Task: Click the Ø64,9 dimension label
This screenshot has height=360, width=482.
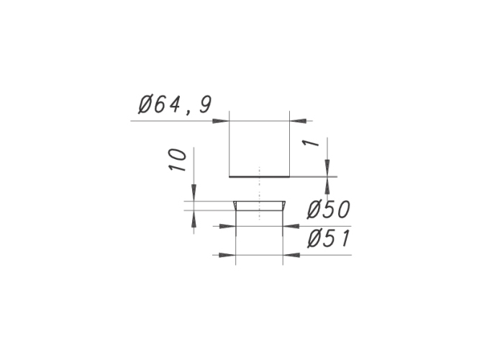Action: point(175,104)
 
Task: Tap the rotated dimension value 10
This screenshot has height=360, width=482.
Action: point(178,160)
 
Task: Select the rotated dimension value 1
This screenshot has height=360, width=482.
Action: point(311,143)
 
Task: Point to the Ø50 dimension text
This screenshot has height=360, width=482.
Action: point(329,210)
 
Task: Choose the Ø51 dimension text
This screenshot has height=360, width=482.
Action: point(329,239)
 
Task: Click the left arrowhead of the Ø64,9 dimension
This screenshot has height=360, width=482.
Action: point(221,121)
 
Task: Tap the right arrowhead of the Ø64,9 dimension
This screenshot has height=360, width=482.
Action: point(298,121)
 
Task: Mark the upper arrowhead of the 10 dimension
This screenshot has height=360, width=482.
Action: point(194,193)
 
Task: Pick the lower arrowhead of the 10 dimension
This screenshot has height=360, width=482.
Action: point(194,219)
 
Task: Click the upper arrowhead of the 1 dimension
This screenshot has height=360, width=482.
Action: point(327,168)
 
